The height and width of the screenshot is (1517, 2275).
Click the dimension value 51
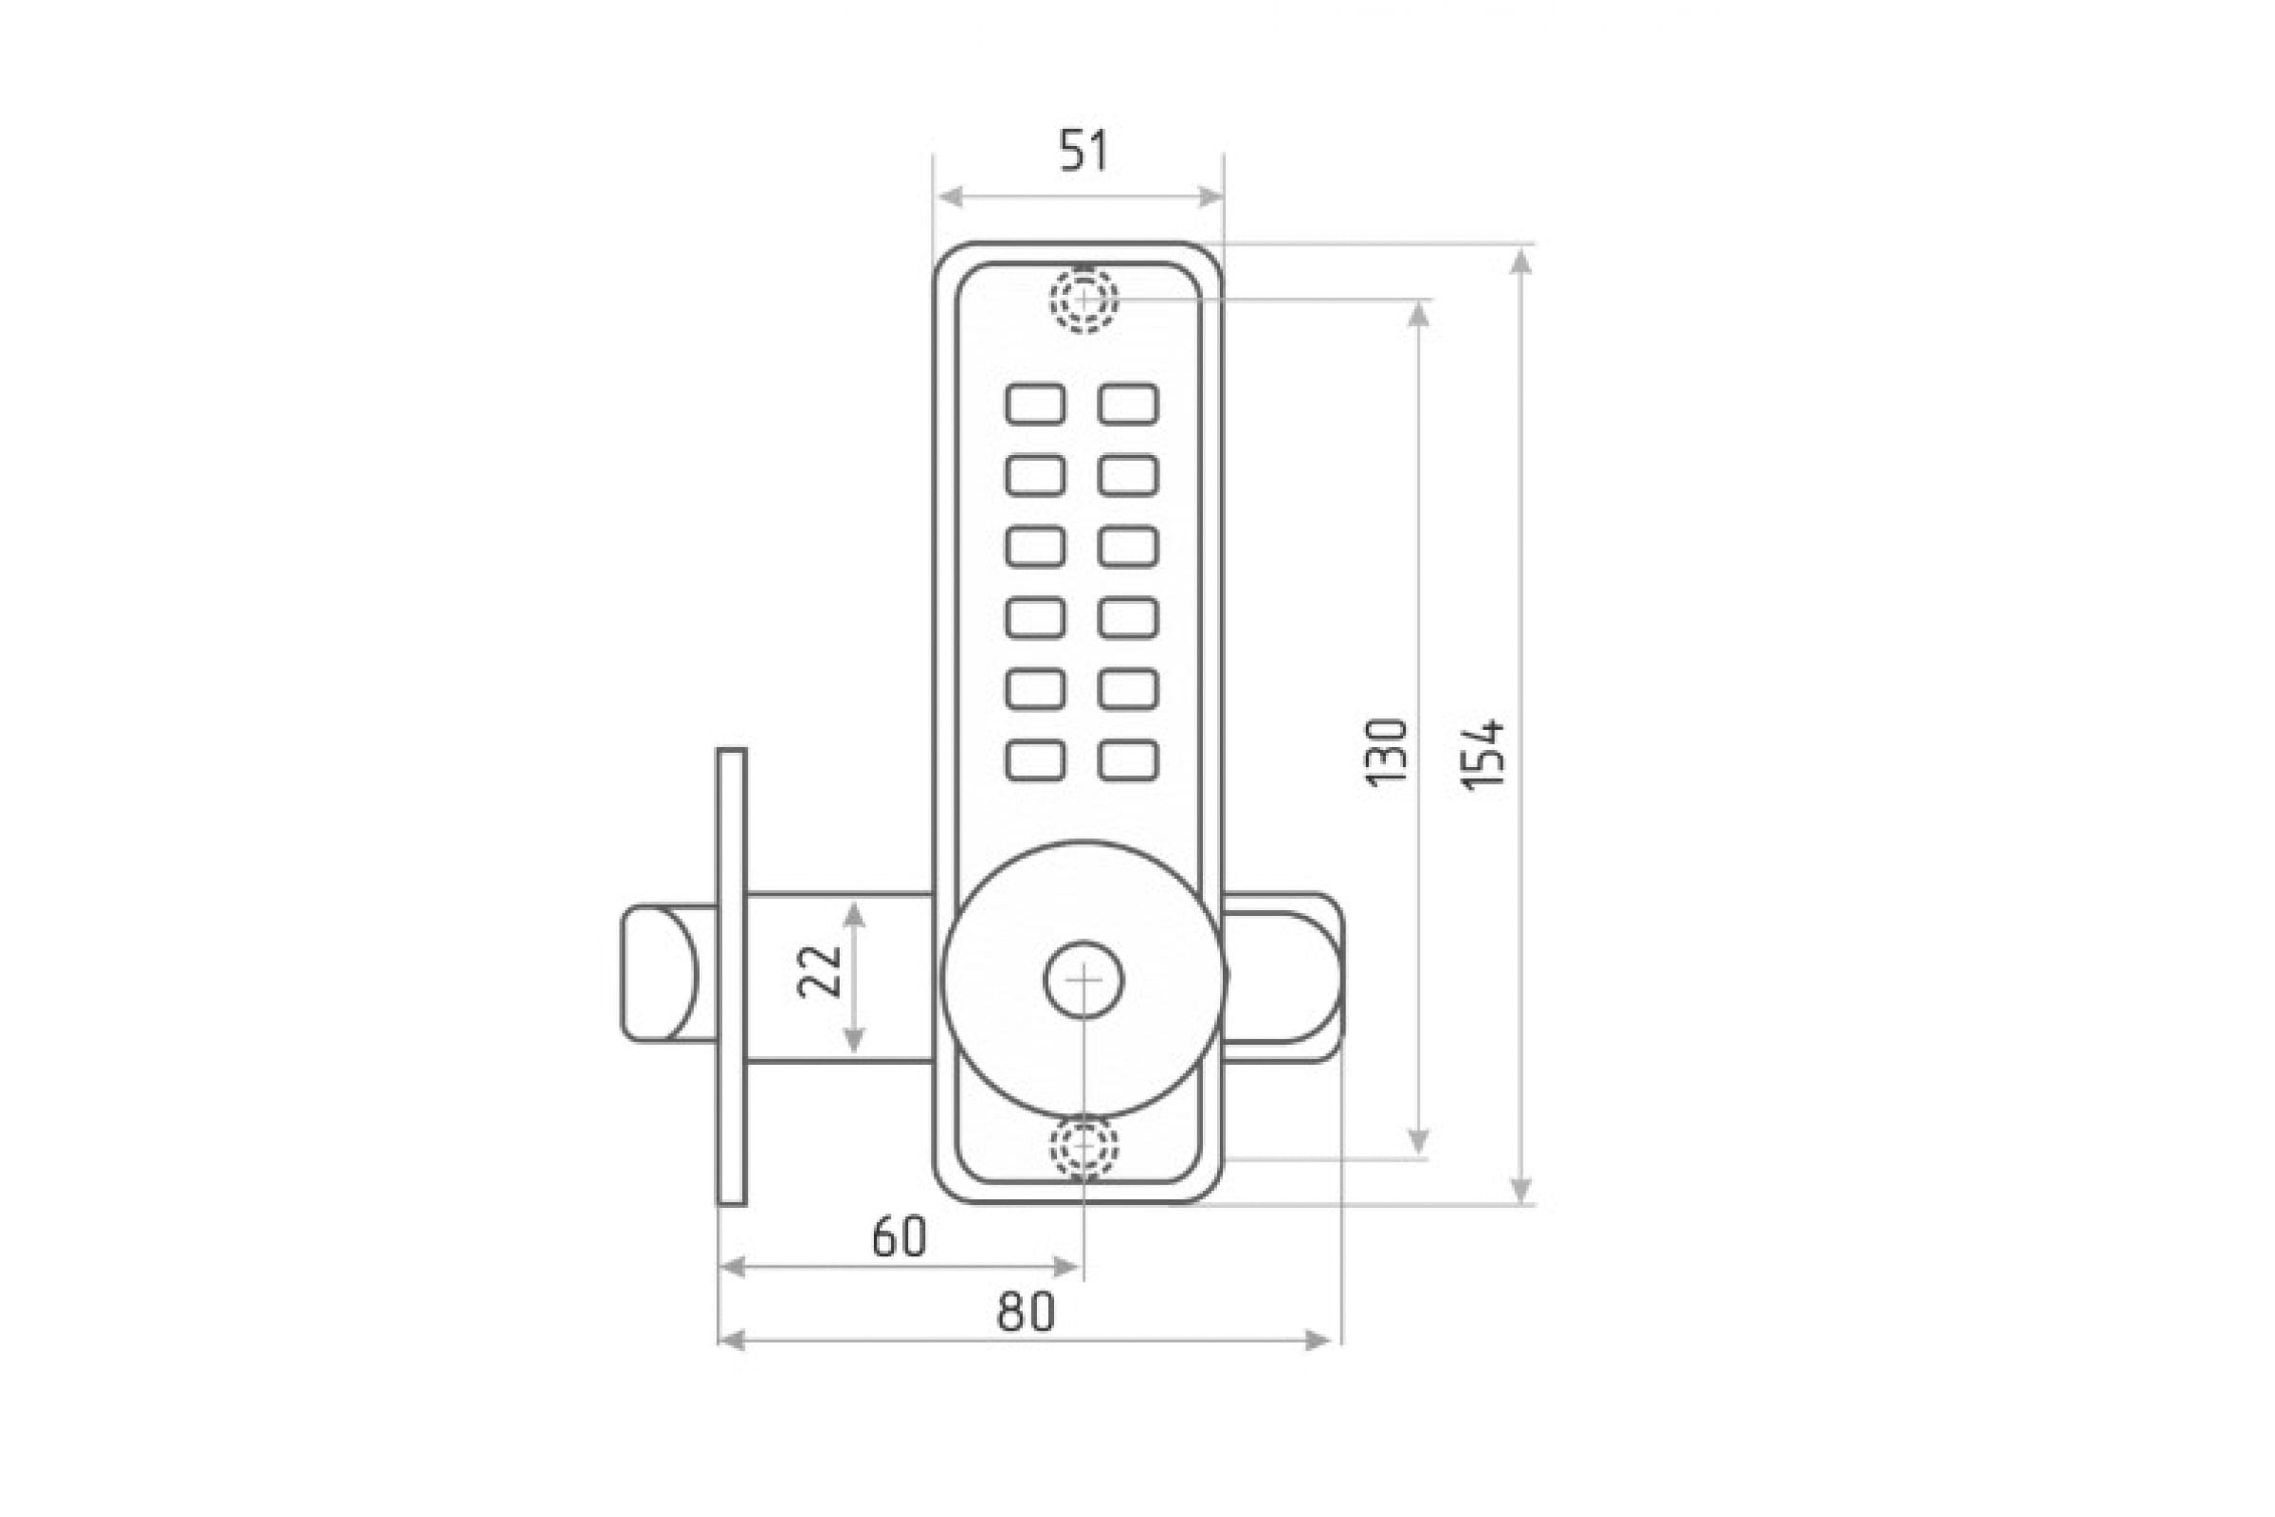[x=1083, y=151]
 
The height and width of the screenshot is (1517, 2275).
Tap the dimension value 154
[x=1483, y=755]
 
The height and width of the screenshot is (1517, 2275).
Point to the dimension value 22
[x=818, y=970]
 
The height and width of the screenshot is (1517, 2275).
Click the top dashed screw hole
[x=1084, y=299]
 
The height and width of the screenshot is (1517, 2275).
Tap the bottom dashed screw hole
[x=1084, y=1147]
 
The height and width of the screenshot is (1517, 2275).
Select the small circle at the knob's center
[x=1083, y=979]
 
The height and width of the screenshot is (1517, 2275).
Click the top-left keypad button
[x=1035, y=404]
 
